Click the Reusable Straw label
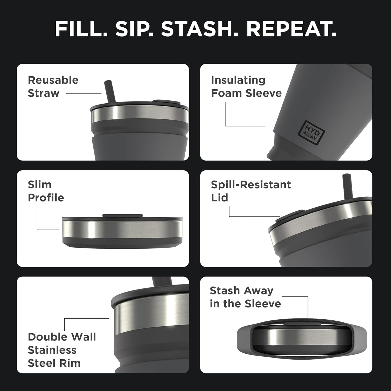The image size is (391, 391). pyautogui.click(x=53, y=87)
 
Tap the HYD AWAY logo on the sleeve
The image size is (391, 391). pyautogui.click(x=311, y=132)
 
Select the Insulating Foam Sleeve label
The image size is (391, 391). pyautogui.click(x=246, y=87)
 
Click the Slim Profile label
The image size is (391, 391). pyautogui.click(x=46, y=191)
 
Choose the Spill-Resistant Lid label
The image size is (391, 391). pyautogui.click(x=251, y=191)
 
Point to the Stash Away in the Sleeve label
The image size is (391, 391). pyautogui.click(x=245, y=297)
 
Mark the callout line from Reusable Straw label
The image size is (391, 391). pyautogui.click(x=84, y=94)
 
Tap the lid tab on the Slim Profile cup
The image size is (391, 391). pyautogui.click(x=123, y=216)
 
